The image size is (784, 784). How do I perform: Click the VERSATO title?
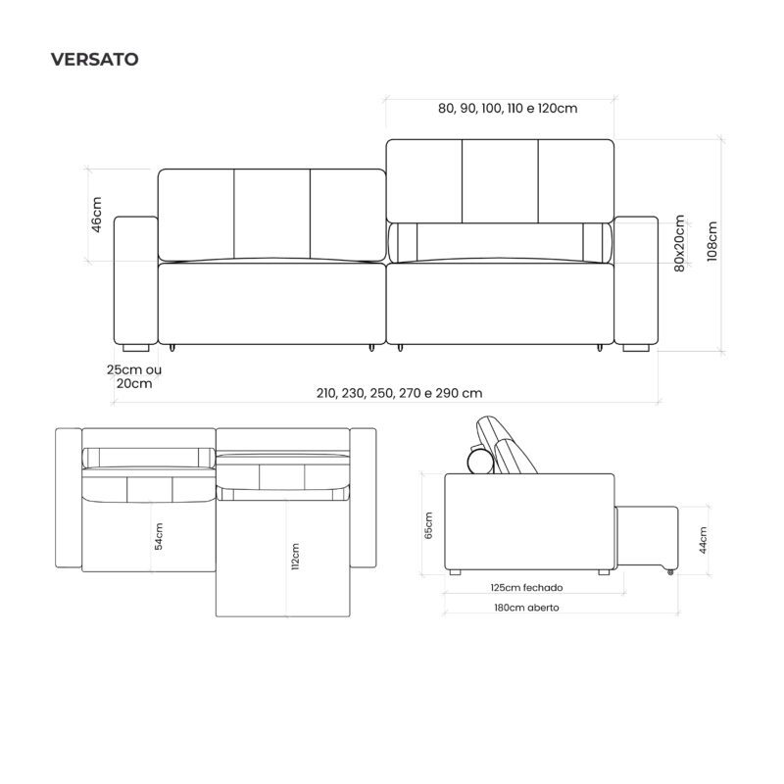click(94, 59)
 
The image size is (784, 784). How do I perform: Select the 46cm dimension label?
click(96, 215)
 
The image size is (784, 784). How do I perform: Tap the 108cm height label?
click(712, 241)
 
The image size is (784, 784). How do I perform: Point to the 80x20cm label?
click(679, 243)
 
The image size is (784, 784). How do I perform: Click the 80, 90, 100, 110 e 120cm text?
click(508, 108)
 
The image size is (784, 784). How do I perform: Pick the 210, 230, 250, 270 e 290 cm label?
click(399, 393)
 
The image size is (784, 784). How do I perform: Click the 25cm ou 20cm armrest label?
click(134, 376)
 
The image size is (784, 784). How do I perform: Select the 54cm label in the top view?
click(159, 536)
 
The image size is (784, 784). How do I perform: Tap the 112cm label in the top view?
click(295, 557)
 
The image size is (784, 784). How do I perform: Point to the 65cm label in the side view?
click(428, 525)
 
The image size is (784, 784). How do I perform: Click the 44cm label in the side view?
click(703, 540)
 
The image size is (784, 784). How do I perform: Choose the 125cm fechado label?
click(526, 587)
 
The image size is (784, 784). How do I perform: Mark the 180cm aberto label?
click(526, 608)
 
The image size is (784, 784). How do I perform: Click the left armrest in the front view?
click(136, 280)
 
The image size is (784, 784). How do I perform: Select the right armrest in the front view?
click(636, 280)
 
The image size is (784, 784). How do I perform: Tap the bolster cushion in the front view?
click(500, 242)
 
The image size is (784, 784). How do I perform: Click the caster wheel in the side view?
click(670, 572)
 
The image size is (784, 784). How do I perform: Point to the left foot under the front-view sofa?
click(135, 348)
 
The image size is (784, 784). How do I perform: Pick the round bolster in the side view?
click(480, 460)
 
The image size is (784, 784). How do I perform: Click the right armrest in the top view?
click(363, 498)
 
